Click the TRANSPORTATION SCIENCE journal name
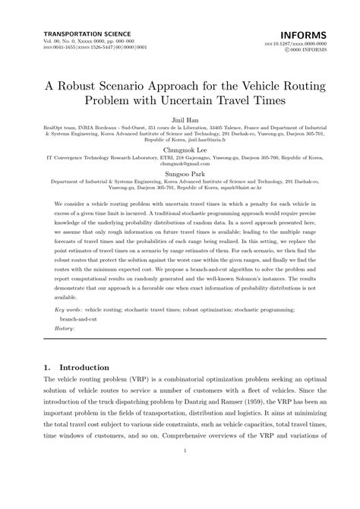[x=87, y=34]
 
